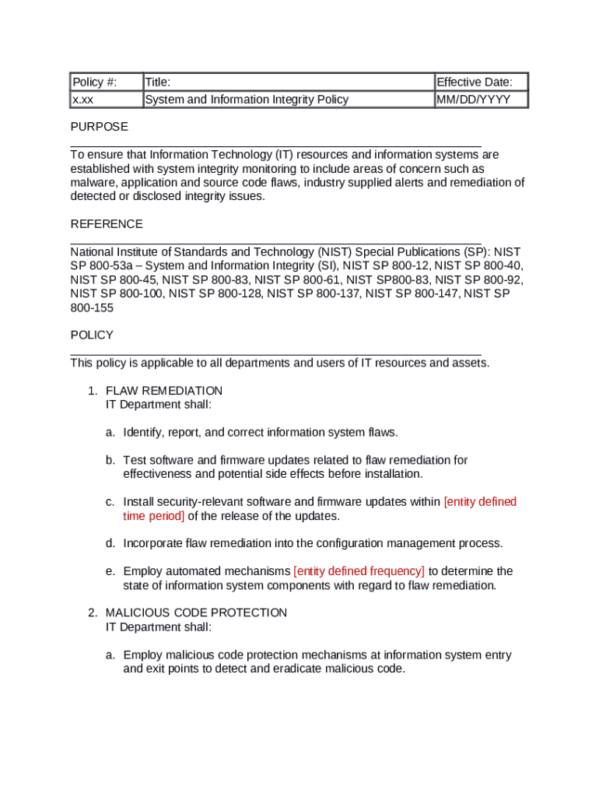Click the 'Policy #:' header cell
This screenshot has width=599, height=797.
coord(94,83)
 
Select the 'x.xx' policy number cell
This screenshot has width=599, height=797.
coord(83,100)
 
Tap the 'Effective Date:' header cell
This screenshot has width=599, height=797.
coord(475,83)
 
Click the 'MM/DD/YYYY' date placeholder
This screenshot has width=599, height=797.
coord(474,100)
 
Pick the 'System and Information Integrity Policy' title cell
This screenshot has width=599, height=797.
coord(247,100)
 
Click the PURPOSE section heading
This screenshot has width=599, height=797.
coord(100,127)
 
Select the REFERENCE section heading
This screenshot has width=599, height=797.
coord(107,224)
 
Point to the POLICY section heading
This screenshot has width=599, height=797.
coord(92,335)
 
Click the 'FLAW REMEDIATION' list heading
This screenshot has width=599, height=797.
coord(164,391)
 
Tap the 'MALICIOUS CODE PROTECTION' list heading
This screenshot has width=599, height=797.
coord(196,613)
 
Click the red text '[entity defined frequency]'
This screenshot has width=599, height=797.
coord(359,571)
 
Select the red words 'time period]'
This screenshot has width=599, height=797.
coord(154,516)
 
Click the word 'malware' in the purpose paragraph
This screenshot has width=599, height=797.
coord(91,183)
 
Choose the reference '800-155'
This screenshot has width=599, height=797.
coord(92,307)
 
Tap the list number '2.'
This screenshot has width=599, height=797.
coord(93,613)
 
